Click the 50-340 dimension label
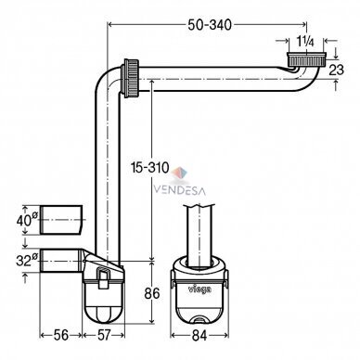[x=210, y=25]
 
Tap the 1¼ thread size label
[x=305, y=42]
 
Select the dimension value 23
[x=336, y=70]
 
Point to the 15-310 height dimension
[x=150, y=168]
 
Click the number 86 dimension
[x=152, y=293]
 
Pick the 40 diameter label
[x=27, y=220]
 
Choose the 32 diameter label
[x=27, y=260]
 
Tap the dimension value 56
[x=61, y=335]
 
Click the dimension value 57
[x=103, y=335]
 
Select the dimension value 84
[x=199, y=336]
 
